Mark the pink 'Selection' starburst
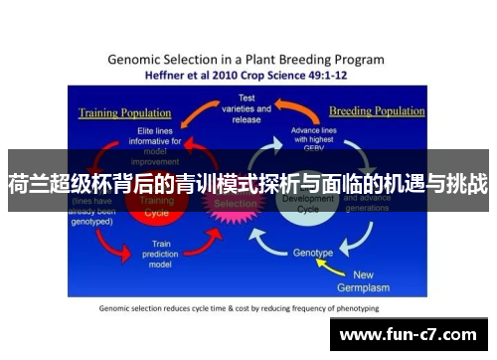coord(235,204)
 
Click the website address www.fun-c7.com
coord(411,334)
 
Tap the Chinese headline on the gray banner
coord(248,183)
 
